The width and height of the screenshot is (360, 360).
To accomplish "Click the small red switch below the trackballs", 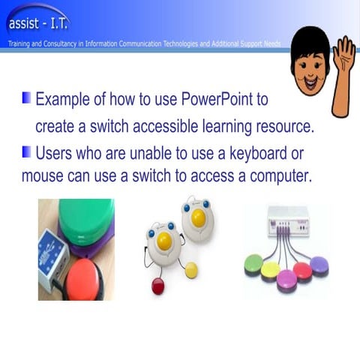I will tap(158, 286).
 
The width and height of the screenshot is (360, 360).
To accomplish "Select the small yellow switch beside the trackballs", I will tap(192, 269).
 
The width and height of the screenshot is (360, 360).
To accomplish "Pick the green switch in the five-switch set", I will tap(253, 263).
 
